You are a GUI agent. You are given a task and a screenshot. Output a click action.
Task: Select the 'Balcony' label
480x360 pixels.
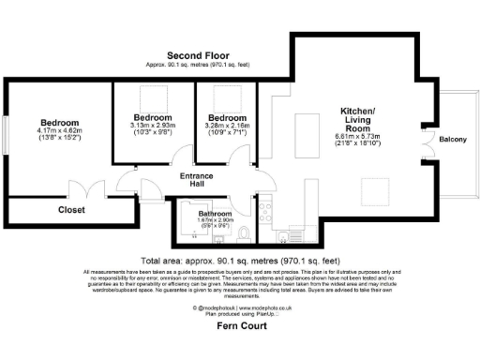click(453, 140)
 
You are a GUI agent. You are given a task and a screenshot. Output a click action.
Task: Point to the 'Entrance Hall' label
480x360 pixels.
click(197, 181)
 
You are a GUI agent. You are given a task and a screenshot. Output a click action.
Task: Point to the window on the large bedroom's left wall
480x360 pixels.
click(5, 133)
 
